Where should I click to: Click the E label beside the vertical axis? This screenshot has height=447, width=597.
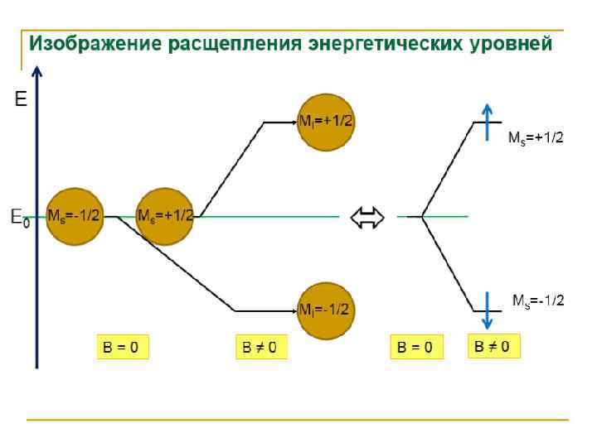click(21, 100)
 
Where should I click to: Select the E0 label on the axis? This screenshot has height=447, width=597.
click(19, 219)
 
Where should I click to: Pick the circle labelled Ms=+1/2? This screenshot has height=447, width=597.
click(165, 216)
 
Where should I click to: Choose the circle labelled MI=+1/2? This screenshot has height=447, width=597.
click(327, 122)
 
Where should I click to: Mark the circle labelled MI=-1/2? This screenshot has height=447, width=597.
click(327, 310)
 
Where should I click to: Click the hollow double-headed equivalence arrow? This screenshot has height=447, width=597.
click(368, 218)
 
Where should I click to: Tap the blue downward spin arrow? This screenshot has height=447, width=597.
click(488, 311)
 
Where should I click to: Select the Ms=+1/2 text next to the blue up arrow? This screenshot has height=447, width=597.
click(536, 138)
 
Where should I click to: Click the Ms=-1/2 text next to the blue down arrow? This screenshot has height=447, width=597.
click(538, 300)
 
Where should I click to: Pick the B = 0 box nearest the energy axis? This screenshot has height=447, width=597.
click(121, 347)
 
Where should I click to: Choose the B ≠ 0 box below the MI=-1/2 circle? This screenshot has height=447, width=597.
click(260, 347)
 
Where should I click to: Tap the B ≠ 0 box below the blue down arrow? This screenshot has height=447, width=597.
click(493, 345)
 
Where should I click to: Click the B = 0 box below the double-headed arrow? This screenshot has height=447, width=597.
click(416, 347)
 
